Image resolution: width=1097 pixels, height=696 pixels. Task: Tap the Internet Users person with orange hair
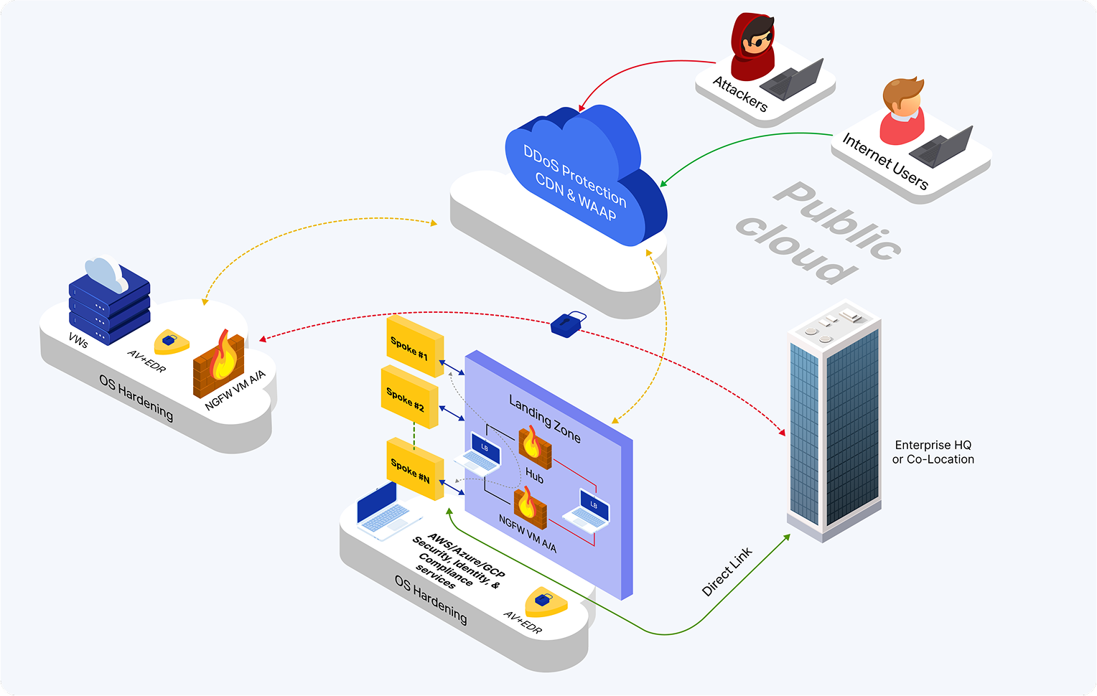[902, 111]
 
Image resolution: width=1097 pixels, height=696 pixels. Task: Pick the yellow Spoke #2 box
[408, 397]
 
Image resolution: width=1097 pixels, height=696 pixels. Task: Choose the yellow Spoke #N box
[414, 469]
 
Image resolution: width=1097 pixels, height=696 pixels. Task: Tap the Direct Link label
[727, 571]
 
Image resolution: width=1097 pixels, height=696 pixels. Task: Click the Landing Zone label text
[545, 418]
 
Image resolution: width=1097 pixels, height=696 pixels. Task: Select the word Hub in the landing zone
[534, 475]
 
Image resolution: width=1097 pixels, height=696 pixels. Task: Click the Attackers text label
[740, 94]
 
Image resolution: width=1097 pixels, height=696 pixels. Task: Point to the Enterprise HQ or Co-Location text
[933, 452]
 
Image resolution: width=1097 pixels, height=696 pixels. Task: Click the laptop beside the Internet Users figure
[941, 146]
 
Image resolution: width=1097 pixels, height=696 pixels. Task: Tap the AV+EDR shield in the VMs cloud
[171, 342]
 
